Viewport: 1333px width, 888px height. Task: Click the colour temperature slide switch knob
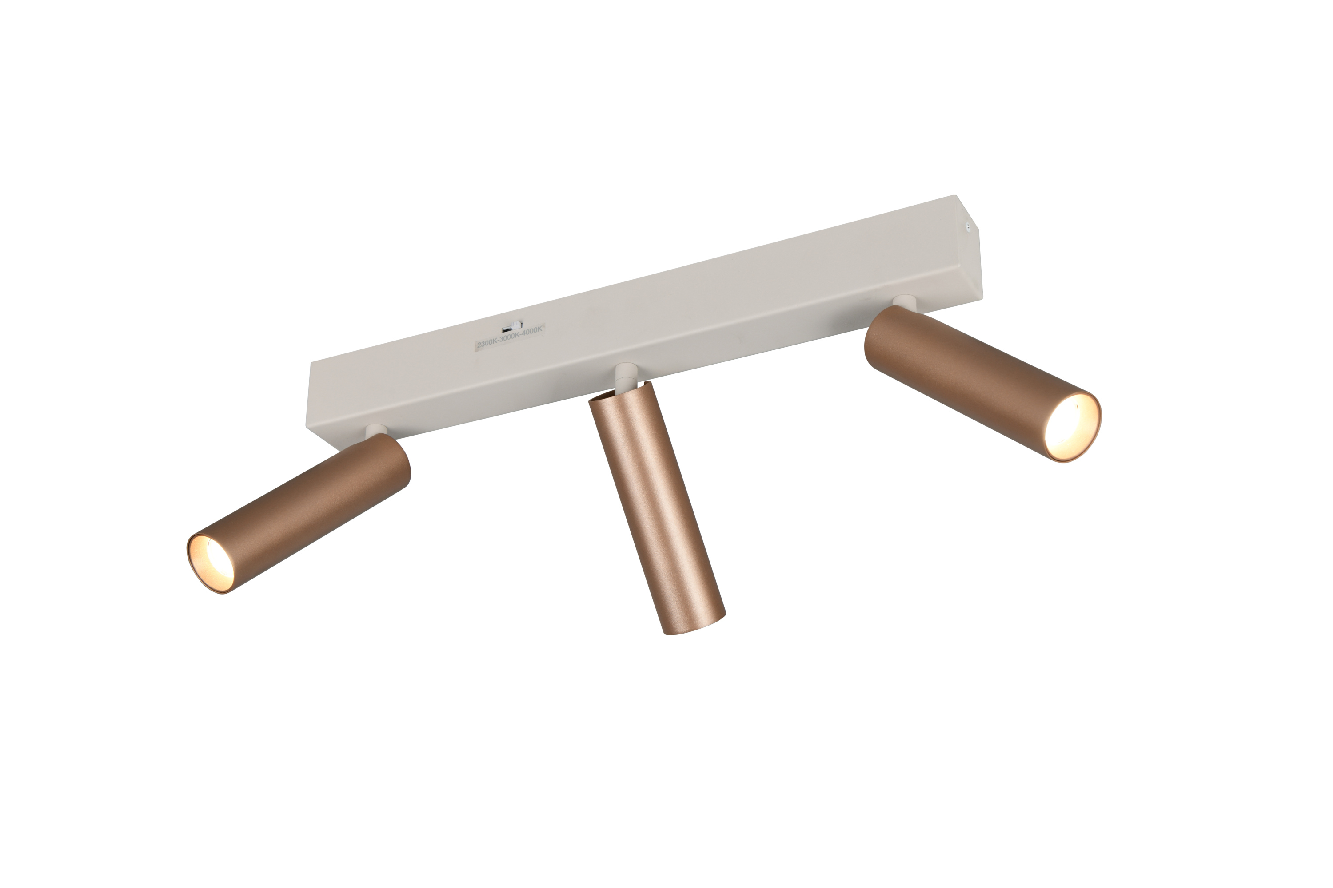click(516, 325)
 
